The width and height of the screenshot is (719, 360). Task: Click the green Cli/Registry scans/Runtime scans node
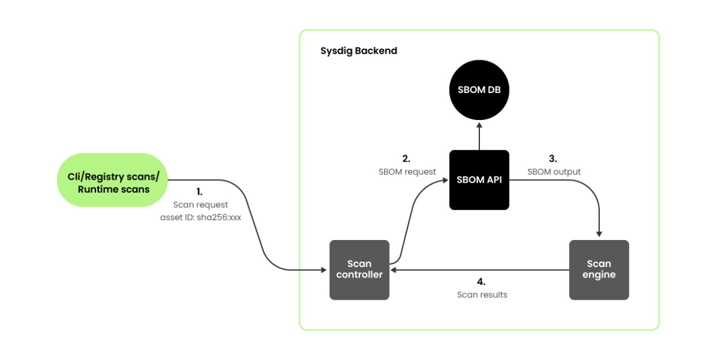[x=114, y=180]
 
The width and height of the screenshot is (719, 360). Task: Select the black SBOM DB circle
[x=479, y=90]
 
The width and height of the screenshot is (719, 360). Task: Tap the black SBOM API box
[x=479, y=179]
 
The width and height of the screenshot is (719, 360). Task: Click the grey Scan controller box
[x=359, y=270]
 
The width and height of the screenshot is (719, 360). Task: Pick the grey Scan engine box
[x=599, y=270]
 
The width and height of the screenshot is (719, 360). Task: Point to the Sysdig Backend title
[x=359, y=50]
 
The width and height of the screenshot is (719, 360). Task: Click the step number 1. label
[x=200, y=191]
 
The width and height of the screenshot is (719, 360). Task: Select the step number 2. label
[x=406, y=158]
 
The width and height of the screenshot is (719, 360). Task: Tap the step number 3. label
[x=552, y=158]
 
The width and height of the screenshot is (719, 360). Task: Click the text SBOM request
[x=407, y=172]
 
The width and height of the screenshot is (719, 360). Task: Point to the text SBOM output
[x=554, y=172]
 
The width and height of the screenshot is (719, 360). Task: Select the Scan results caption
[x=482, y=295]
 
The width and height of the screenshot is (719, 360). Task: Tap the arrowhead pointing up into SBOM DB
[x=479, y=124]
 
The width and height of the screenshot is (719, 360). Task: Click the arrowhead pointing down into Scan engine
[x=599, y=234]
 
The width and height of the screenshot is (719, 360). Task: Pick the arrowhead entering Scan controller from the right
[x=394, y=270]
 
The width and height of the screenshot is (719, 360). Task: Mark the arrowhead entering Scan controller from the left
[x=325, y=270]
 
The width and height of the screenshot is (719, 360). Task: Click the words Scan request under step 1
[x=200, y=204]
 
